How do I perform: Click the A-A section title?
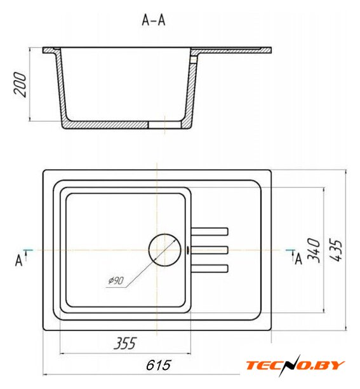coord(154,20)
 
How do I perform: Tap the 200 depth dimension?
coord(20,85)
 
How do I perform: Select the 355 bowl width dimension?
coord(125,343)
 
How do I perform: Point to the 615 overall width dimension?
coord(158,365)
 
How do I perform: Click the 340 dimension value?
coord(314,250)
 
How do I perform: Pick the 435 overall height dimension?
coord(336,250)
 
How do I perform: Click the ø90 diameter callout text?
coord(116,280)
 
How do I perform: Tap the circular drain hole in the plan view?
coord(165,250)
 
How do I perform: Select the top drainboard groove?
coord(210,231)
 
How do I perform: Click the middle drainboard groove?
coord(210,250)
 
